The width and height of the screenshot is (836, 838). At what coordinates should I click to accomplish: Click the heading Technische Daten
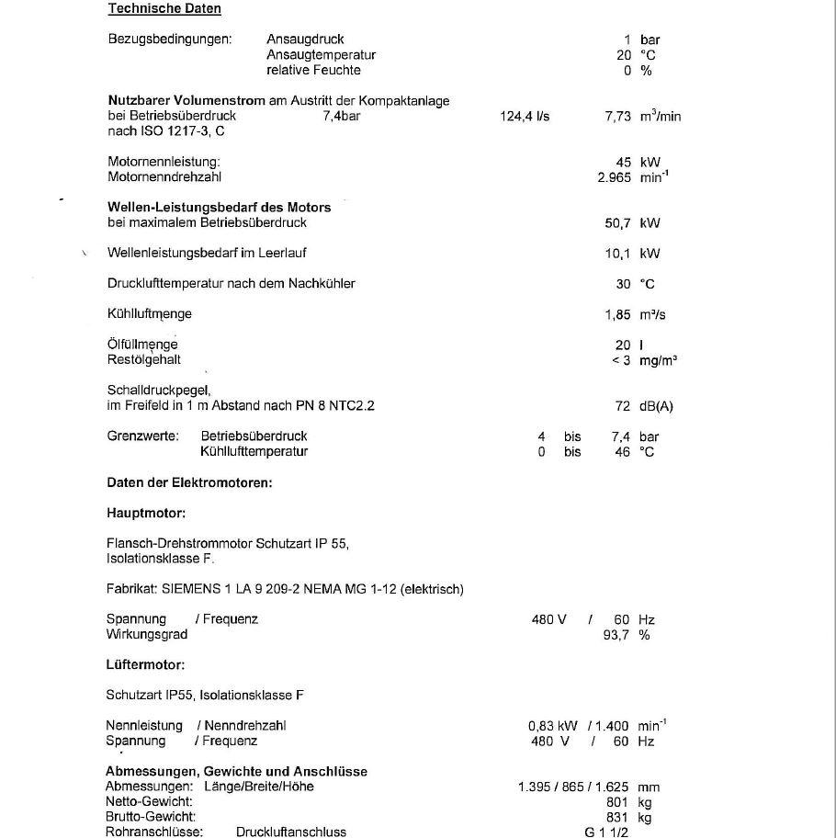coord(164,8)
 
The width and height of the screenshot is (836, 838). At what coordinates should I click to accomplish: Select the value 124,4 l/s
coord(525,117)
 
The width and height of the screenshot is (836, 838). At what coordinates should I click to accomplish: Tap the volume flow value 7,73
coord(618,117)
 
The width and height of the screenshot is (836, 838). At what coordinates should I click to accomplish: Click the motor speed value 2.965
coord(614,177)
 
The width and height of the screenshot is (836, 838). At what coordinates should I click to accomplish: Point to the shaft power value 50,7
coord(618,222)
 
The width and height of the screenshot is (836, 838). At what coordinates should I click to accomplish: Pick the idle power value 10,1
coord(618,254)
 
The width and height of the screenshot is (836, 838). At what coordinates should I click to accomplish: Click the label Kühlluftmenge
coord(150,314)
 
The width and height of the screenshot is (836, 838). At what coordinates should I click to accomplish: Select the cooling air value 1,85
coord(618,314)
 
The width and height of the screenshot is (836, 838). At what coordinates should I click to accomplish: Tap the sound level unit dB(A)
coord(662,406)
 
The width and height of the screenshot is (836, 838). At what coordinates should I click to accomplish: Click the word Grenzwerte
coord(143,436)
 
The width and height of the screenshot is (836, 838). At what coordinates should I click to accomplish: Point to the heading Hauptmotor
coord(146,513)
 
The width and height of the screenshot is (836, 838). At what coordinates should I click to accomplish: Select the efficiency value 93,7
coord(616,634)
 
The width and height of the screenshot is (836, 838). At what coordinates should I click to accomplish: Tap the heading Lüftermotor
coord(145,664)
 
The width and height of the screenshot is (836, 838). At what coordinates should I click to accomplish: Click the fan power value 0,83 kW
coord(553,726)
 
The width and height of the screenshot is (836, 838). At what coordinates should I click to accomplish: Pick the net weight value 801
coord(619,802)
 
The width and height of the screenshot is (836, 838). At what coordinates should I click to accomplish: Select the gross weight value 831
coord(619,817)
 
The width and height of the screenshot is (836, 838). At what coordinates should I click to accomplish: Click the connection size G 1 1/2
coord(606,832)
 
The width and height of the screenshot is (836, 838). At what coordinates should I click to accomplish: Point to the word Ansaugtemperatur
coord(321,55)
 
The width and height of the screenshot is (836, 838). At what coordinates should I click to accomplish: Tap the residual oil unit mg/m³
coord(659,360)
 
